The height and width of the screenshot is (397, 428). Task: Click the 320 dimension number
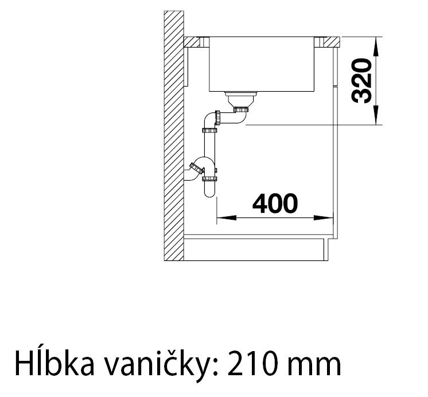pos(361,81)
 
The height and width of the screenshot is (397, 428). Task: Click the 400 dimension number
pos(275,204)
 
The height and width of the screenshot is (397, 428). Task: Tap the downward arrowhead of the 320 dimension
pos(376,115)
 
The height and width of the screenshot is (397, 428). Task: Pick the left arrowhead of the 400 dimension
pos(227,218)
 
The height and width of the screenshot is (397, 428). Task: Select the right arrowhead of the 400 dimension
pos(324,218)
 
